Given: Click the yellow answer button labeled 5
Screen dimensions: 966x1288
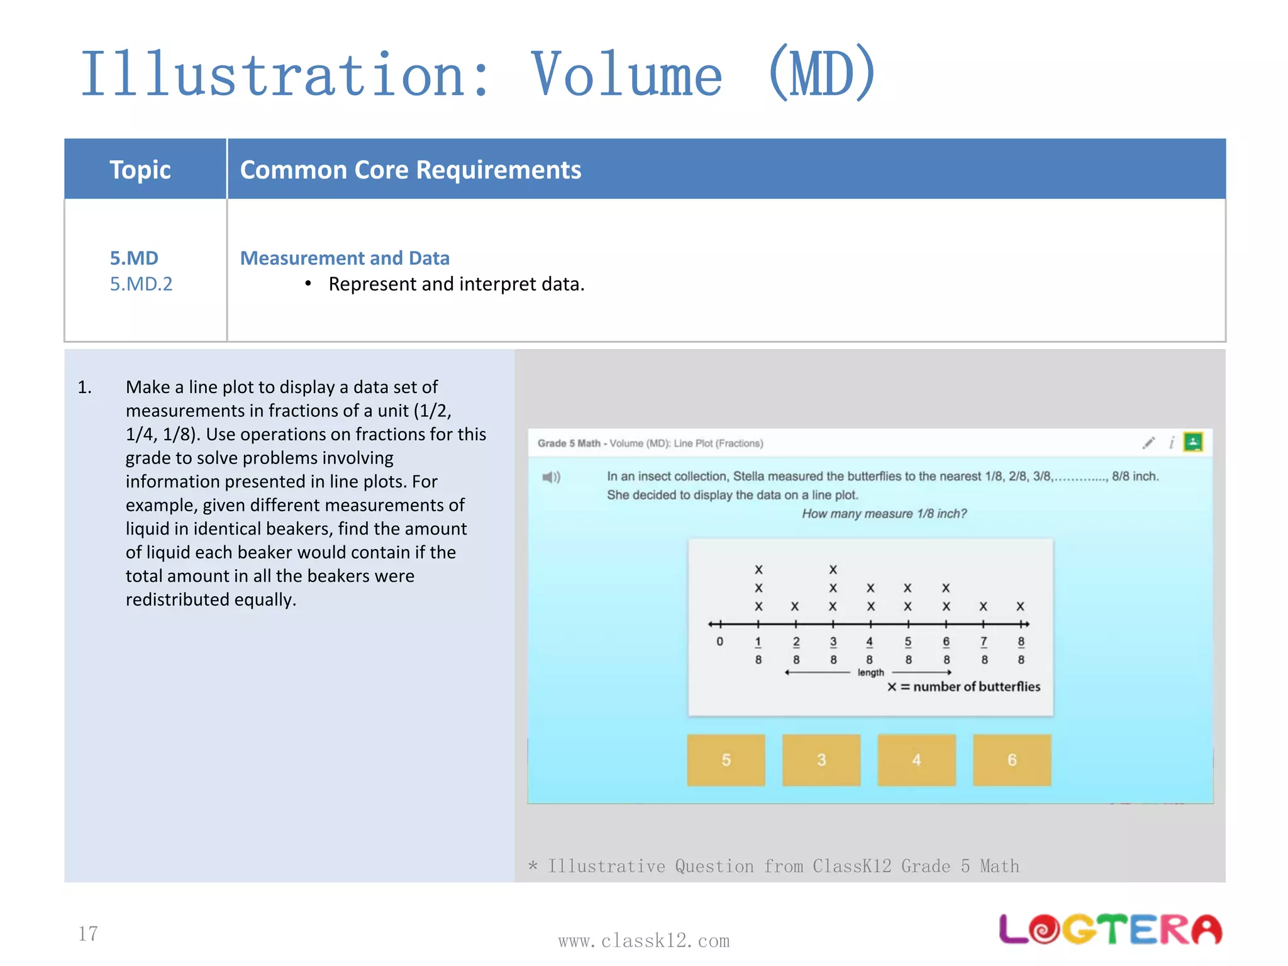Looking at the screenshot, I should tap(726, 760).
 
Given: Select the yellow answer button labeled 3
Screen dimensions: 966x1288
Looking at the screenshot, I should tap(821, 760).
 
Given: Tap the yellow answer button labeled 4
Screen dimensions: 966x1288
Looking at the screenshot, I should tap(916, 760).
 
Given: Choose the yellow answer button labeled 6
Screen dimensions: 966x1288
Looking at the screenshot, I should tap(1012, 760).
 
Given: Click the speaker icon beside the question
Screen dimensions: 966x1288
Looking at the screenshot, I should tap(551, 477).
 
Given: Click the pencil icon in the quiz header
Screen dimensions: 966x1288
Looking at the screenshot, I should tap(1148, 443).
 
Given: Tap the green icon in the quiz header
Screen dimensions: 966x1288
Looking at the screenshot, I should tap(1193, 442).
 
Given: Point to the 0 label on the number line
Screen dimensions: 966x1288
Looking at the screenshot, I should tap(720, 641).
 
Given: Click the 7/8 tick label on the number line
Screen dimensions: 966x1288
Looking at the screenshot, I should tap(984, 650).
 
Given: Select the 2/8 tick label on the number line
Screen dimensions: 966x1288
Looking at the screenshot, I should tap(796, 650).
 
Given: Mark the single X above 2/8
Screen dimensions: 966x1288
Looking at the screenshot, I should tap(795, 606).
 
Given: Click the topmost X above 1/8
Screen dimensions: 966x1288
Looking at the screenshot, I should tap(758, 569).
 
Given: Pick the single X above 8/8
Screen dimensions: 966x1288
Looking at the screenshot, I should tap(1020, 606).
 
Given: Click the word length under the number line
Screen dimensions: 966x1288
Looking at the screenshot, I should tap(870, 672).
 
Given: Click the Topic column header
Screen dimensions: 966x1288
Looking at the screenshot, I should tap(140, 170).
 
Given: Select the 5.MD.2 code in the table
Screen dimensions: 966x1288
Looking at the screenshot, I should tap(141, 284).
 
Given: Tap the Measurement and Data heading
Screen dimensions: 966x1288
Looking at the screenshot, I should tap(345, 258).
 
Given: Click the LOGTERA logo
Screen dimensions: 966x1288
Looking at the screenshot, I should tap(1110, 930).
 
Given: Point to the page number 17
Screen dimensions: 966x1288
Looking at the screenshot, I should tap(88, 933).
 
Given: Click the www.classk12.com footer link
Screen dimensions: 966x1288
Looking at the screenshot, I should tap(644, 941).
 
